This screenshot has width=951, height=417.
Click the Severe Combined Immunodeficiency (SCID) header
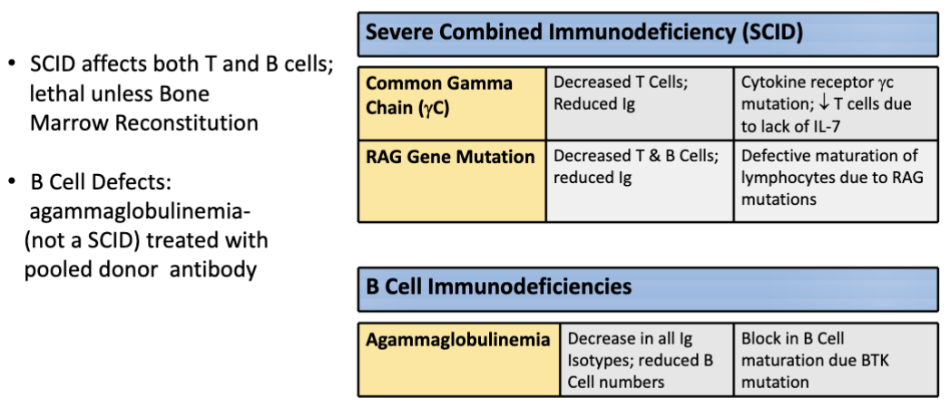coord(648,34)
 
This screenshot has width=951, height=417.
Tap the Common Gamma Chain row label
coord(452,103)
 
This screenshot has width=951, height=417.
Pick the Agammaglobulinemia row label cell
coord(458,360)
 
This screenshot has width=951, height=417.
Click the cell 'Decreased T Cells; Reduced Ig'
coord(640,103)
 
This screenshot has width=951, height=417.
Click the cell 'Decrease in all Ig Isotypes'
coord(647,360)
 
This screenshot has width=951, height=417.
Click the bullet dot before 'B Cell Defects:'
coord(12,182)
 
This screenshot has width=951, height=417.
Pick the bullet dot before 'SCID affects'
coord(12,63)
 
